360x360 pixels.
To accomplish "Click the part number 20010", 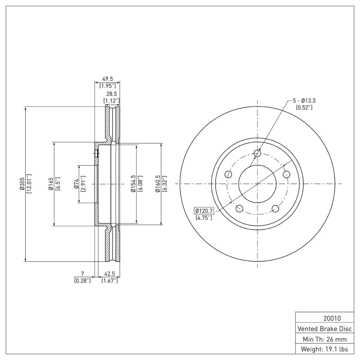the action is coord(332,319).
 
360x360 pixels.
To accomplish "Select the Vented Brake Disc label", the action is coord(324,329).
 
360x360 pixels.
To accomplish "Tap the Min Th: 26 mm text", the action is coord(324,339).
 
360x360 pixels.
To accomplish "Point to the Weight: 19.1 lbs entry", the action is coord(324,349).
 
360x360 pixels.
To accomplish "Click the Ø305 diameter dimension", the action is coord(22,184).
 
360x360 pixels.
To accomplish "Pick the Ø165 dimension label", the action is coord(51,184).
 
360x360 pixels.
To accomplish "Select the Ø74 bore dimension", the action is coord(76,184).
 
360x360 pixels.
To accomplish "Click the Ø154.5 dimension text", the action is coord(133,184).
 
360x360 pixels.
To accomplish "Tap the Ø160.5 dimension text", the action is coord(158,184).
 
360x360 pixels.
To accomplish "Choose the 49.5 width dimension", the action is coord(108,79).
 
